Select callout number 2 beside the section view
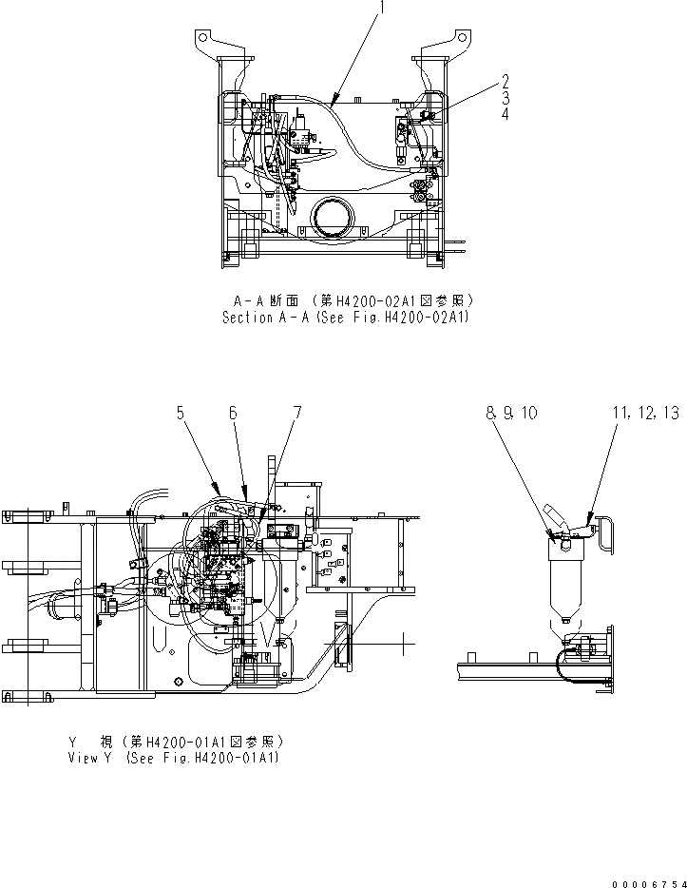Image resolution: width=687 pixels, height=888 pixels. point(506,81)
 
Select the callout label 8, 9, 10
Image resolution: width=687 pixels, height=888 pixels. point(511,414)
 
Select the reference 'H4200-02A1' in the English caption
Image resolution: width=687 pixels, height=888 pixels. point(424,319)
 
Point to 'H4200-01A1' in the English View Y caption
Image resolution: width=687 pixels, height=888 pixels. point(233,758)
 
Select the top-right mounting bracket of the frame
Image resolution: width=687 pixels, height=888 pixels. point(451,42)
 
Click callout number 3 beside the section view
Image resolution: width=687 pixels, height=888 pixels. point(506,97)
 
